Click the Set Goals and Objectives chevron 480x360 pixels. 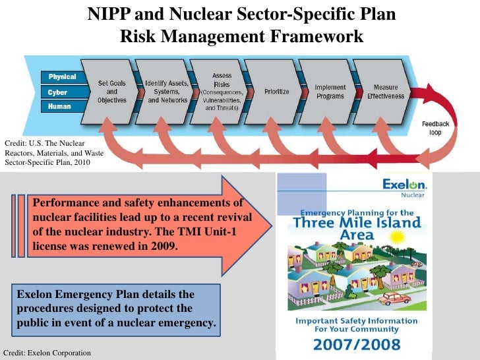[111, 92]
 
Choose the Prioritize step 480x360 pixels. [276, 92]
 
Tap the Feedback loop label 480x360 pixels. [436, 128]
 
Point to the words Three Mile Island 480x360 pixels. [357, 223]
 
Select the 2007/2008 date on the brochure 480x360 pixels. [357, 344]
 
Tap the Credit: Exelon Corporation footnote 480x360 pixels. [47, 353]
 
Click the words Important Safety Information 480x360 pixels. [357, 321]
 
